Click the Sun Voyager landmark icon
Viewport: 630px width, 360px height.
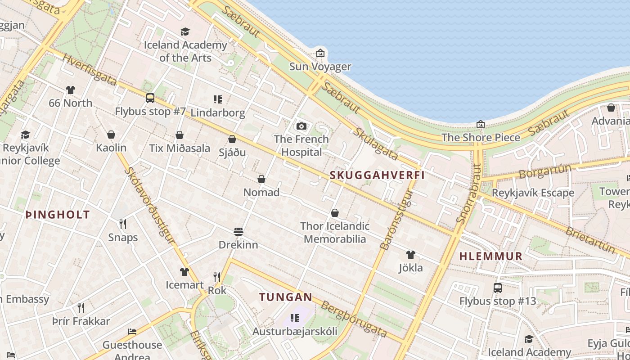tap(320, 54)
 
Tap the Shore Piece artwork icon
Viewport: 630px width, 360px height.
tap(481, 124)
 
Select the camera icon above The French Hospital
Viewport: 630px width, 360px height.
tap(301, 126)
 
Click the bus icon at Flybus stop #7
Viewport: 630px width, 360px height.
tap(150, 98)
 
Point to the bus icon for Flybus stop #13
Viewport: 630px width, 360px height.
tap(498, 288)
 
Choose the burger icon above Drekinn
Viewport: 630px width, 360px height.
tap(238, 232)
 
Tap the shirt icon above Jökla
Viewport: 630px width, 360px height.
tap(410, 255)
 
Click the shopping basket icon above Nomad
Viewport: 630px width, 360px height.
tap(261, 179)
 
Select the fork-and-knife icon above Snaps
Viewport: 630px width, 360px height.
tap(122, 224)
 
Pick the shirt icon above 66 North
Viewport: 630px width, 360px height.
tap(71, 90)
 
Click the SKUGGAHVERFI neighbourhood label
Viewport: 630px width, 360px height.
tap(378, 175)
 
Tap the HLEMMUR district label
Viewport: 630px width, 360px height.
tap(491, 256)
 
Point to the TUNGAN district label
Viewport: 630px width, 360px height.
tap(285, 297)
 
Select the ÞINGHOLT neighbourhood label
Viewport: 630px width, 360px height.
tap(58, 215)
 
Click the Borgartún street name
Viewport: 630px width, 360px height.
tap(544, 171)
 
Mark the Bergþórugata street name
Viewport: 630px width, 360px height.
tap(354, 319)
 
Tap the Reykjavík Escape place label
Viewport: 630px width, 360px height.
tap(533, 193)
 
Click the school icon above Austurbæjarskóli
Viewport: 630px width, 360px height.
tap(295, 319)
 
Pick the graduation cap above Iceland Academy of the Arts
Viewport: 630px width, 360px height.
tap(185, 31)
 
